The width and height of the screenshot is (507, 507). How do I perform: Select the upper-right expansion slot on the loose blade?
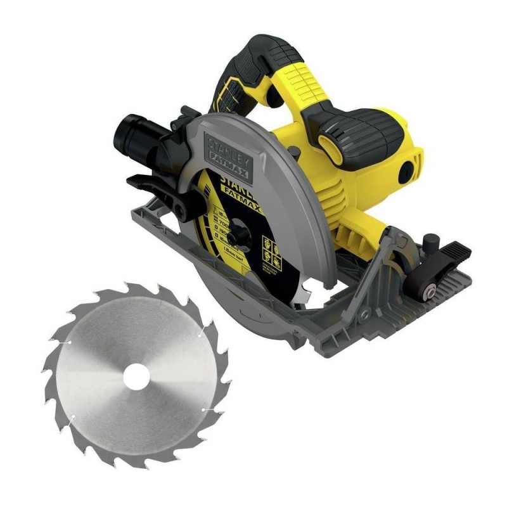click(200, 332)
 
